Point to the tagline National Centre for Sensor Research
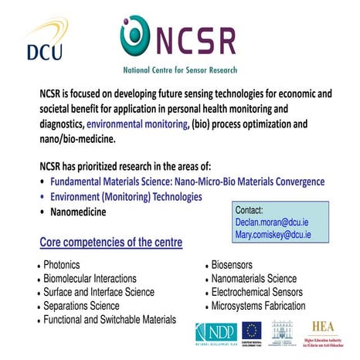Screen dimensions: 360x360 coord(180,70)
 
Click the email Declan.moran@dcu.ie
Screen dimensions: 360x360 coord(273,221)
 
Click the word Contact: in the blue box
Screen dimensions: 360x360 coord(250,209)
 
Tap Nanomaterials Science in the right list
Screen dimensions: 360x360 coord(254,278)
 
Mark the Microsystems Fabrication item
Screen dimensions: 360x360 coord(260,306)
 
